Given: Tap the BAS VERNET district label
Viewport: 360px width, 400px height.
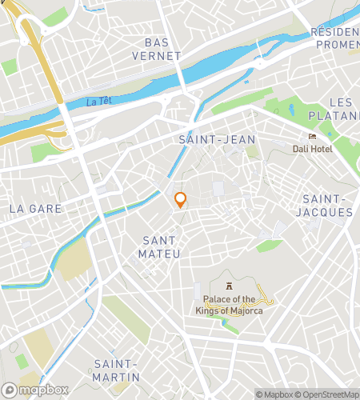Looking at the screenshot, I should [162, 48].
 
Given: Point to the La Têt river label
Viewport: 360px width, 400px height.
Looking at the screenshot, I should [98, 102].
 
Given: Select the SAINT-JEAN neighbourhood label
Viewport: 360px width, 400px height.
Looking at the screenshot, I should [217, 139].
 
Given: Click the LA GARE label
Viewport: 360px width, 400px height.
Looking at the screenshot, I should [35, 208].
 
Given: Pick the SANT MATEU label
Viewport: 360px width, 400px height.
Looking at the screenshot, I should [160, 246].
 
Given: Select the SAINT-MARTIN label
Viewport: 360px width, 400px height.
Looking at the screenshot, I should [116, 370].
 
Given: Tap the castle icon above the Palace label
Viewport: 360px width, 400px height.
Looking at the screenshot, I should [230, 286].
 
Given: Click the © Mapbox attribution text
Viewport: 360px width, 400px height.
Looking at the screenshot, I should [274, 394].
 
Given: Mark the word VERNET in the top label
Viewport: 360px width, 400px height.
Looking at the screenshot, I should [162, 55].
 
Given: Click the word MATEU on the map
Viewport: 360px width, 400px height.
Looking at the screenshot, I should [160, 254].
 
